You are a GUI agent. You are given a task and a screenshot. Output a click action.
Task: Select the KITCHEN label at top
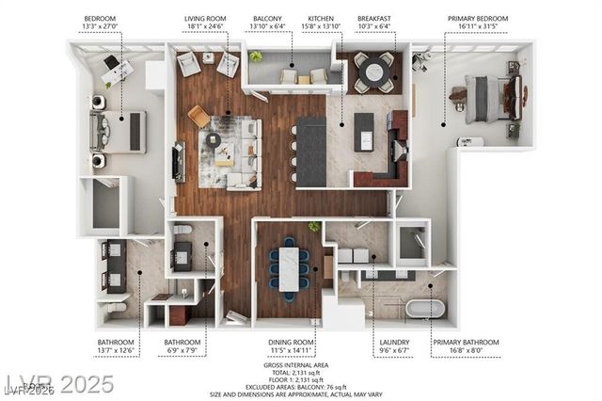pos(320,18)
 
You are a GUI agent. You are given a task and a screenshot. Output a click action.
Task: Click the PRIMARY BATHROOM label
pos(466,342)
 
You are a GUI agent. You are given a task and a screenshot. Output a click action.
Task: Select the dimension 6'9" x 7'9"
pos(182,351)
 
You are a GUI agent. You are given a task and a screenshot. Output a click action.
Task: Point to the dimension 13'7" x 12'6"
pos(117,351)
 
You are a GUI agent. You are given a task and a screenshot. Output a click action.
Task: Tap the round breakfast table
pos(374,71)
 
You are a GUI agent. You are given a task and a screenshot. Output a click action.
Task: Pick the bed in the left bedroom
pos(119,131)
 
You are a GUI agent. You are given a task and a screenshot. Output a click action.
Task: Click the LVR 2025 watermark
pos(58,384)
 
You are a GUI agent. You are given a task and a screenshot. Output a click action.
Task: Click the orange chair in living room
pos(199,116)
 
